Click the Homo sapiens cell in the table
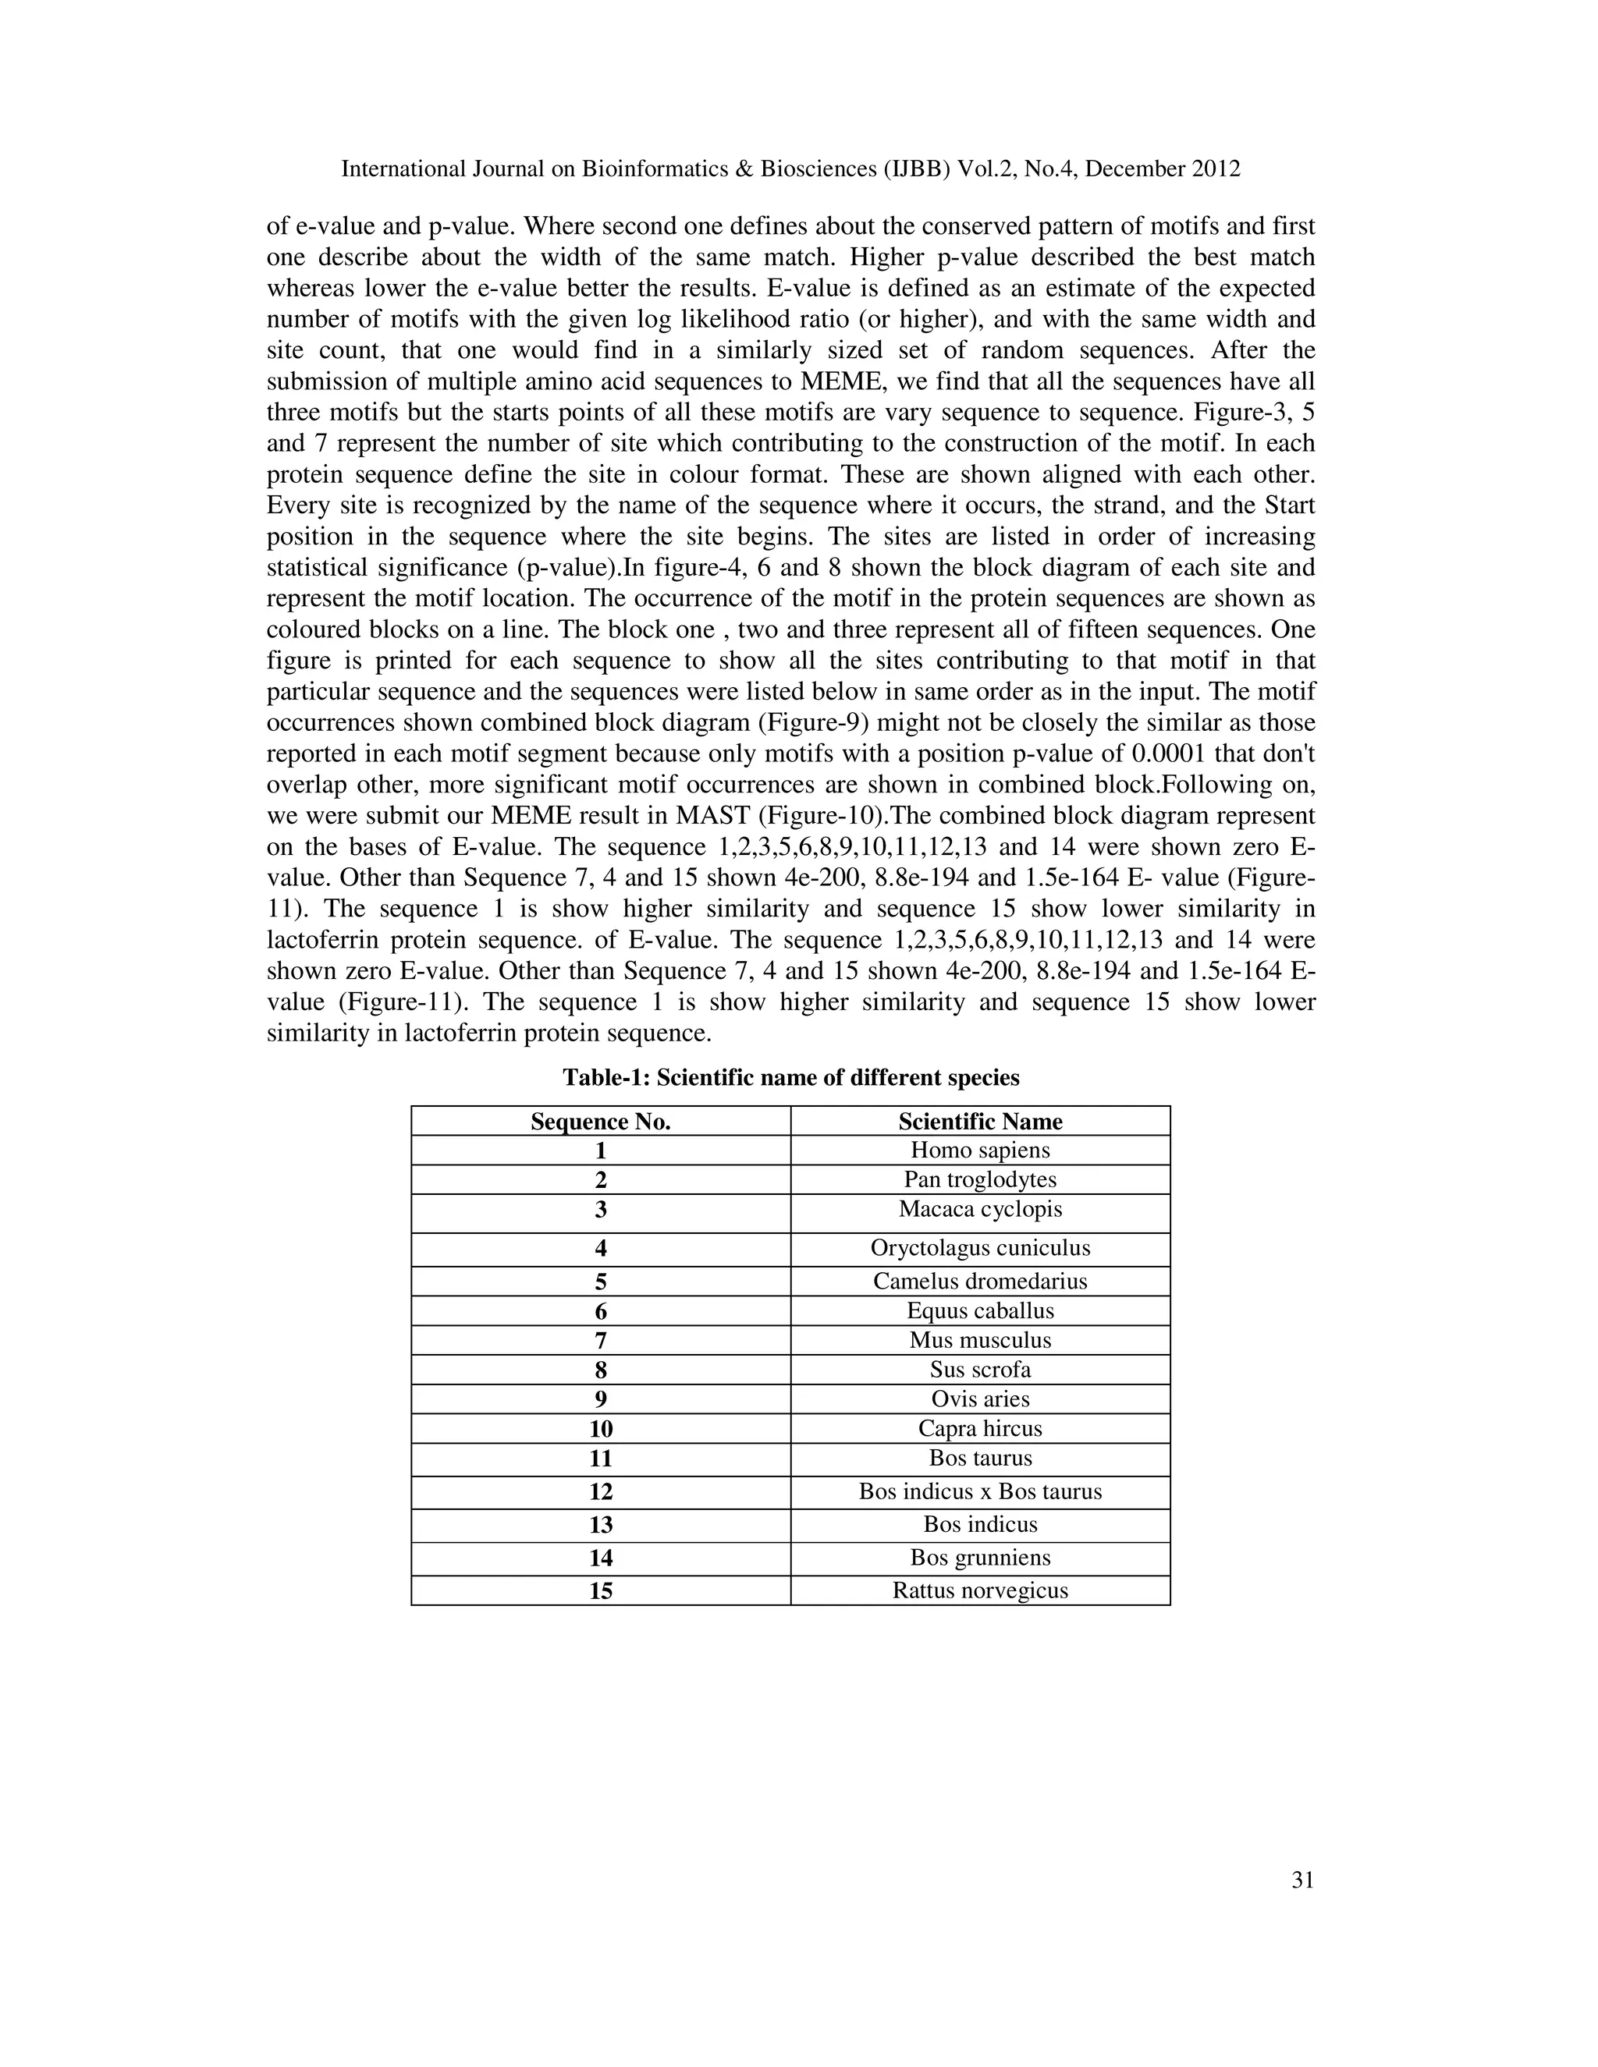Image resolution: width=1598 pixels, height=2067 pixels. coord(980,1150)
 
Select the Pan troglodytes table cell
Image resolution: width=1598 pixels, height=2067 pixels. coord(980,1179)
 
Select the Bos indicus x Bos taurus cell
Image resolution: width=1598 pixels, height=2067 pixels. coord(980,1491)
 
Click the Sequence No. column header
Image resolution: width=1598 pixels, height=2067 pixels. coord(600,1122)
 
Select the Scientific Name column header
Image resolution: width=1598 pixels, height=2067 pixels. coord(980,1122)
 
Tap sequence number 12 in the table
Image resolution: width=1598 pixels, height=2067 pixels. coord(600,1492)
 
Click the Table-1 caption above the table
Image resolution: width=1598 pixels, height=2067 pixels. coord(790,1077)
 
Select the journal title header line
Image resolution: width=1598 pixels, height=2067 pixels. coord(790,169)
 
